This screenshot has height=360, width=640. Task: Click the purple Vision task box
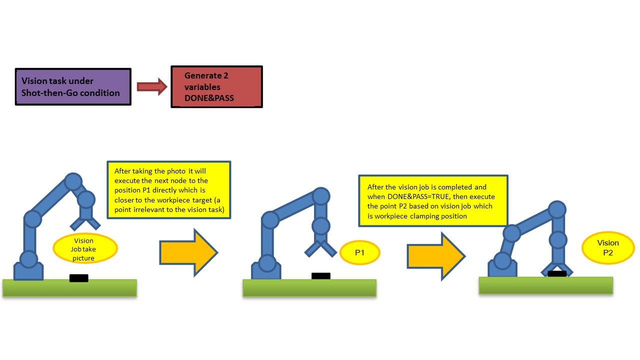point(73,86)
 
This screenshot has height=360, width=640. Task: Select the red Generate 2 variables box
point(216,86)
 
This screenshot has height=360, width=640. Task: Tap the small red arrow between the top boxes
point(151,86)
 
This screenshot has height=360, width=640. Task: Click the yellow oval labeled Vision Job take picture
point(85,249)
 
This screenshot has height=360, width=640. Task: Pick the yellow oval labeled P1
point(359,252)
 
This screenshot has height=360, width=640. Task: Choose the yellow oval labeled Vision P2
point(607,248)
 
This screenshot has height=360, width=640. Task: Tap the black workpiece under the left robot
point(79,278)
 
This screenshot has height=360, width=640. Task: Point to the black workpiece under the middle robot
point(320,276)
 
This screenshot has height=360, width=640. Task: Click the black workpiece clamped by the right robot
point(557,273)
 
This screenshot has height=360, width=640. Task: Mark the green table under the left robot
point(69,288)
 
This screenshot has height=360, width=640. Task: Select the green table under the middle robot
point(309,288)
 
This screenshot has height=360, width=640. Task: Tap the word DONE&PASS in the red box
point(209,98)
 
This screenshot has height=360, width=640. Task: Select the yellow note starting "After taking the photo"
point(169,189)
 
